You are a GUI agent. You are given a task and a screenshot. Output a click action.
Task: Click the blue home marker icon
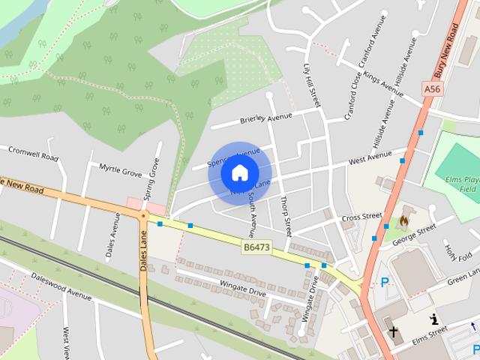tap(240, 173)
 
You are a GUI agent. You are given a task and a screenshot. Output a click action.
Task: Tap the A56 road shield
tap(432, 88)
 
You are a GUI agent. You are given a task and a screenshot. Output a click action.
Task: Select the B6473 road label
tap(256, 245)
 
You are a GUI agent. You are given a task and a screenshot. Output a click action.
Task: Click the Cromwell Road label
tap(33, 154)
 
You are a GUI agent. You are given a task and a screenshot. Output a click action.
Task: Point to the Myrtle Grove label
tap(120, 172)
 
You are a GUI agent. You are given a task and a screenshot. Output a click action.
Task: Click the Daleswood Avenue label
tap(61, 286)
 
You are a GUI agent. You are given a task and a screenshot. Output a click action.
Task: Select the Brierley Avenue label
tap(265, 118)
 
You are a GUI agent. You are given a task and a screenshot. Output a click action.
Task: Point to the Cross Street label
tap(361, 217)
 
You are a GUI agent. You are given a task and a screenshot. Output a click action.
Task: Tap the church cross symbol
tap(393, 331)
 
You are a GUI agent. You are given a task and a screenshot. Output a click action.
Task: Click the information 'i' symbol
tap(433, 319)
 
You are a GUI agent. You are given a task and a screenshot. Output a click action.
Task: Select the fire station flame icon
tap(403, 220)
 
